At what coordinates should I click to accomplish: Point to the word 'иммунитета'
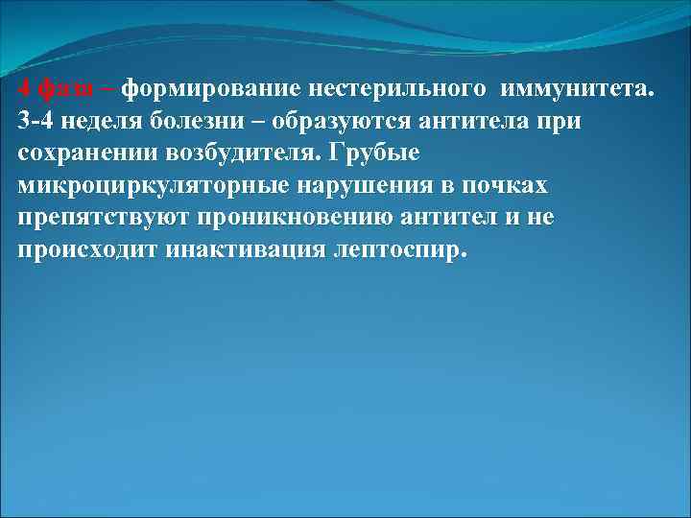[572, 89]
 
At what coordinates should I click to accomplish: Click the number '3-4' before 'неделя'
[36, 121]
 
